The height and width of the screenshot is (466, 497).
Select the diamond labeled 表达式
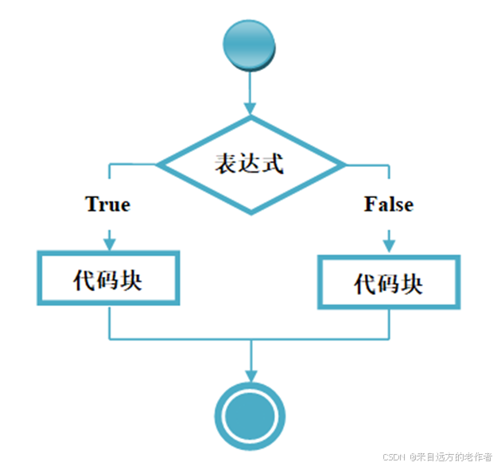(250, 165)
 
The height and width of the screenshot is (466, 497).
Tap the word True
(107, 204)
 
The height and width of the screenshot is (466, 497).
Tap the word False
(389, 204)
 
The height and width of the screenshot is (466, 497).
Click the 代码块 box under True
(108, 278)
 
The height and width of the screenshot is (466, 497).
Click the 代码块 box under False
(389, 282)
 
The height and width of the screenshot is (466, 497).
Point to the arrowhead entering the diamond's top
(250, 108)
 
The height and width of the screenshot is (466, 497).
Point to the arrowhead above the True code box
(109, 242)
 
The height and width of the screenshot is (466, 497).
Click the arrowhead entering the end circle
(250, 375)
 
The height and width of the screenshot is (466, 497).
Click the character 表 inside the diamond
(225, 164)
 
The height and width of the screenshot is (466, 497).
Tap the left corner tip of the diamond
(157, 165)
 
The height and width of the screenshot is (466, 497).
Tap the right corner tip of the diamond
(344, 165)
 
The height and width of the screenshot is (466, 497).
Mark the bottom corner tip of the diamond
(250, 212)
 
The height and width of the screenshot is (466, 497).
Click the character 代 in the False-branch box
(367, 282)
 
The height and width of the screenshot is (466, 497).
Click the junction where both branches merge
(250, 340)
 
